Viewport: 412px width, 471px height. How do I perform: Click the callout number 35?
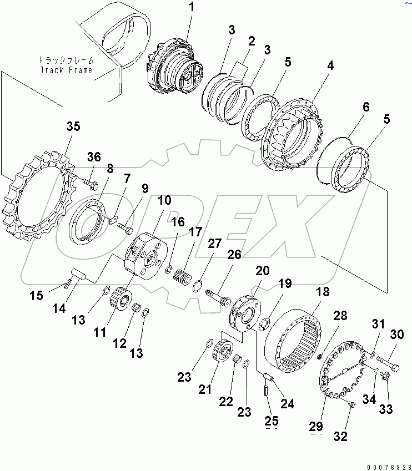[x=73, y=126]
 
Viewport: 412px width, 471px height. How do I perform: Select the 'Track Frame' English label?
[x=67, y=70]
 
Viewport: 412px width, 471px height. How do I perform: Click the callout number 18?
[x=323, y=292]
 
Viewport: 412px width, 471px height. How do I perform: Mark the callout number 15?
[x=36, y=296]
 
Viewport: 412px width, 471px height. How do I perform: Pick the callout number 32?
[x=340, y=436]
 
